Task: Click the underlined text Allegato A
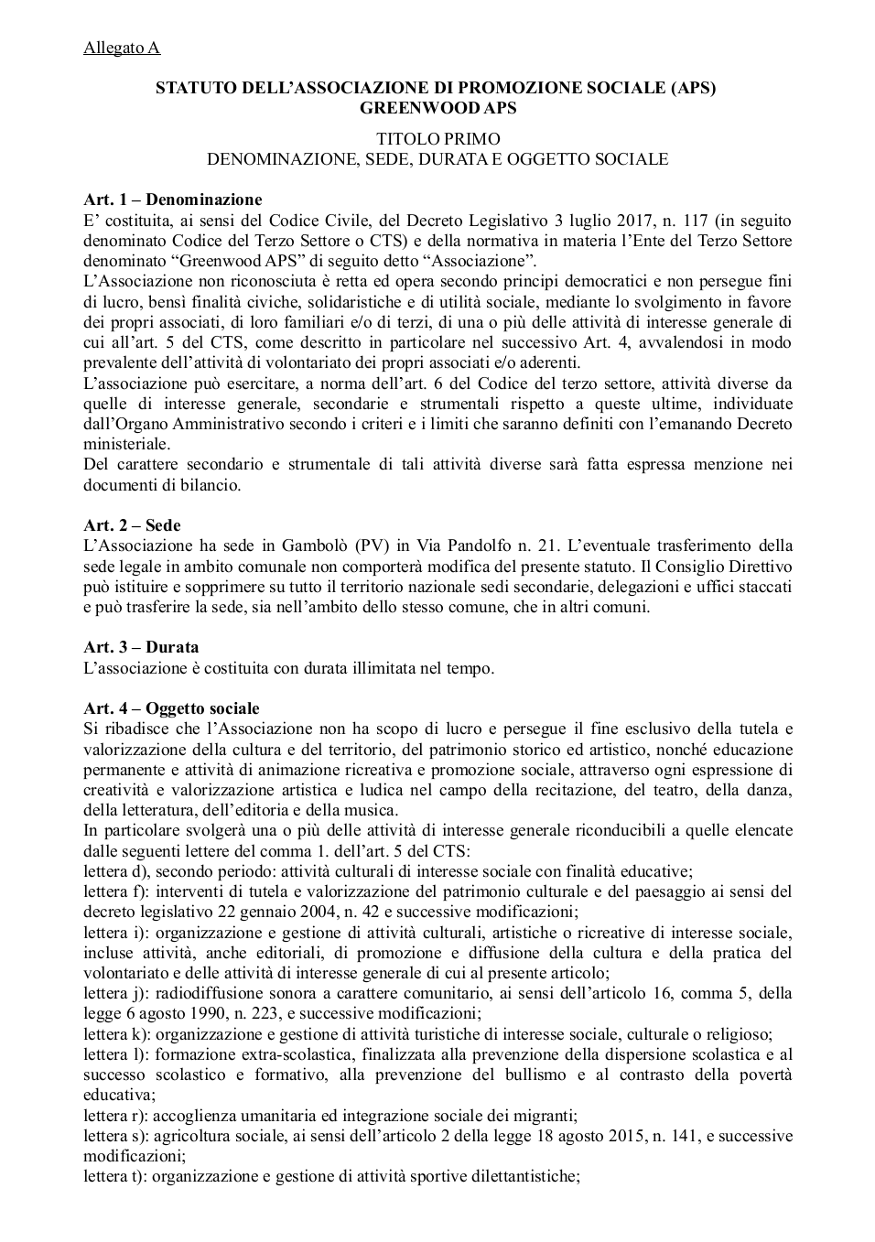coord(122,48)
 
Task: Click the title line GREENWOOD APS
coord(438,108)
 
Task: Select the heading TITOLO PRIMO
coord(438,139)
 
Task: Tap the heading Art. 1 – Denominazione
coord(172,200)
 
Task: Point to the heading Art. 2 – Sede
coord(132,525)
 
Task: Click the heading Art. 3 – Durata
coord(141,647)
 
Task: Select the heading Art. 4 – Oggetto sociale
coord(171,708)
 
